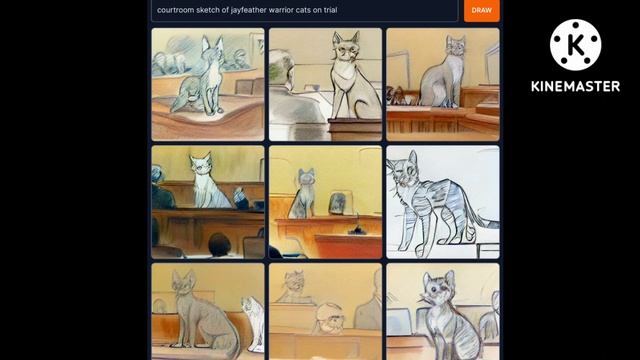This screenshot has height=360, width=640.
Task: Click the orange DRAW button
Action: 482,10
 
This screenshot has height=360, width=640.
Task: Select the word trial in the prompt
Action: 330,10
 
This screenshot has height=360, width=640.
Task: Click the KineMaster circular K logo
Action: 576,45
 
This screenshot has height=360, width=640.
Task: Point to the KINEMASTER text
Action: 576,86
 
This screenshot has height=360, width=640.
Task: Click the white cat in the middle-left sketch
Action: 208,182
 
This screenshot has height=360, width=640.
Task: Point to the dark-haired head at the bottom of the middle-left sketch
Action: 219,244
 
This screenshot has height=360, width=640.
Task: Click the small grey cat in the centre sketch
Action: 303,194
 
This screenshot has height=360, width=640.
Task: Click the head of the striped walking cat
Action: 404,170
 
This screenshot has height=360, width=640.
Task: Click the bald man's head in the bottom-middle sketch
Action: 329,317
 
